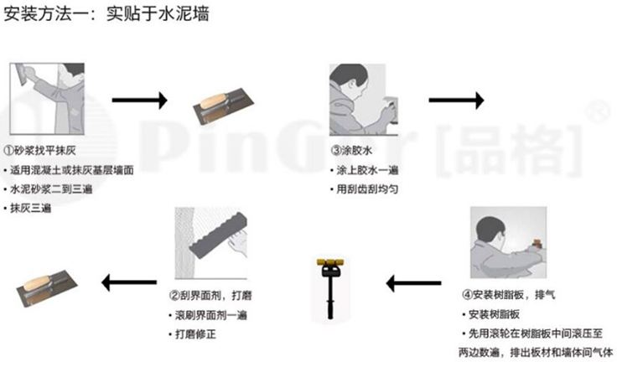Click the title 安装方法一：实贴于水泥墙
(x=106, y=14)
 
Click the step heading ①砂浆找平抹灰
(x=39, y=150)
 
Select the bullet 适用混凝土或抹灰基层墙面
(x=69, y=170)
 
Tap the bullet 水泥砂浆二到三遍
(x=48, y=189)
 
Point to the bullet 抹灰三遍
(x=28, y=208)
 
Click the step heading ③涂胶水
(x=352, y=150)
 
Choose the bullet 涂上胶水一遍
(x=365, y=170)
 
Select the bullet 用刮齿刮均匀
(x=365, y=189)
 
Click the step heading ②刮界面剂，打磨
(x=210, y=296)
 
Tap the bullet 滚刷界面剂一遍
(x=208, y=315)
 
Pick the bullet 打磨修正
(x=193, y=334)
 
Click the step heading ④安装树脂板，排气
(x=509, y=295)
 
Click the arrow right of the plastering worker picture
(x=140, y=101)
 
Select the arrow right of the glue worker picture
(x=456, y=101)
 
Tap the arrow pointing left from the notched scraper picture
(x=129, y=282)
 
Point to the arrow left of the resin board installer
(x=413, y=283)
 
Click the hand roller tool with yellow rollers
(x=330, y=288)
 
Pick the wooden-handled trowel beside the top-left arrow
(x=223, y=106)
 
